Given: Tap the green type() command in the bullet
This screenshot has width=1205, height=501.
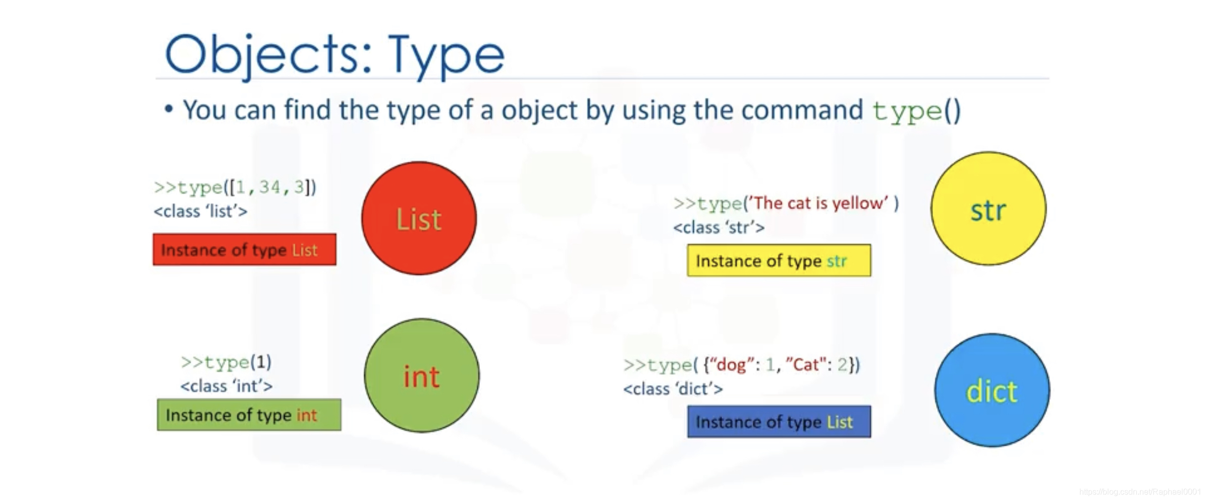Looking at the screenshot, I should (916, 110).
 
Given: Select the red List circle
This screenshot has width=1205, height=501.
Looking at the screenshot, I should (419, 218).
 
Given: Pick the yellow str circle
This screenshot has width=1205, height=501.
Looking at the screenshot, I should (988, 209).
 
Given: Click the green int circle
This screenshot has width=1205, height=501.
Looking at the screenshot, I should (421, 375).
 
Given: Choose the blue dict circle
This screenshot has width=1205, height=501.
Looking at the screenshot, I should (992, 391).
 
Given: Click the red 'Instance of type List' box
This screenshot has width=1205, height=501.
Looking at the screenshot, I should (244, 249).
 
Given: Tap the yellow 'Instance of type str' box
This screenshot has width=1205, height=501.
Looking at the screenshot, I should (779, 260).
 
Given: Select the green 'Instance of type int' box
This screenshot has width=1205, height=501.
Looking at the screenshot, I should (249, 415).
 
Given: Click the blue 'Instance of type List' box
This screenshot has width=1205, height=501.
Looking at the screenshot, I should (779, 421).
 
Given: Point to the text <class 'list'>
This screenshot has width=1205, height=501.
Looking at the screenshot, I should (200, 211).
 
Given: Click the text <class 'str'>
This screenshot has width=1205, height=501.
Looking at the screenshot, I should (719, 227).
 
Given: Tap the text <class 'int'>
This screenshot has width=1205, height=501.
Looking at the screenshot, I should (226, 386).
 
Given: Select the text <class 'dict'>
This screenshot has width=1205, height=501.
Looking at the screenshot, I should (673, 388).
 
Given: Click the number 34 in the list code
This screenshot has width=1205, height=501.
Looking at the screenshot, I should (269, 187).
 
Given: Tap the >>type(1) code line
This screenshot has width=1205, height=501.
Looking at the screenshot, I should (226, 362).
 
